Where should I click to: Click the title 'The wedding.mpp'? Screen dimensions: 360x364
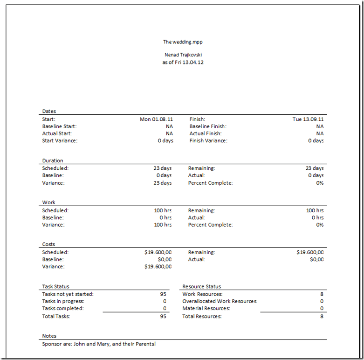(x=183, y=42)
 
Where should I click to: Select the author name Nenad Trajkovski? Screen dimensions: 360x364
(x=183, y=55)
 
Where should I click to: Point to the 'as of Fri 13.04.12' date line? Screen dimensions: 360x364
(x=183, y=62)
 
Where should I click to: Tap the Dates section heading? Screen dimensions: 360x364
(x=49, y=111)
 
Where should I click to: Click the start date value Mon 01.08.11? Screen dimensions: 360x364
(x=156, y=119)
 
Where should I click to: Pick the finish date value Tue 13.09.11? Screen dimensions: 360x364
(x=308, y=119)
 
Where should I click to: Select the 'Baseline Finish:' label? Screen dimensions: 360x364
(x=208, y=126)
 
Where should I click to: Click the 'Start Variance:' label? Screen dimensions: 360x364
(x=60, y=141)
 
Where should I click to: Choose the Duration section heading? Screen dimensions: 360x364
(x=52, y=161)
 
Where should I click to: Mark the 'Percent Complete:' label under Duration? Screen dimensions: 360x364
(x=210, y=183)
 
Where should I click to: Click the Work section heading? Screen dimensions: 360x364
(x=48, y=203)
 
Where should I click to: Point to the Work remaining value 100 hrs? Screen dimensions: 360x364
(x=315, y=210)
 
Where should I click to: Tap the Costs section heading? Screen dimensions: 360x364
(x=48, y=244)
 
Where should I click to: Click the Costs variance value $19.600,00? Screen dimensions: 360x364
(x=158, y=267)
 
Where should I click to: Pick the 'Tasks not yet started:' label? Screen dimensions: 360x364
(x=68, y=294)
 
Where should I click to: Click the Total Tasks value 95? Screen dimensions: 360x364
(x=163, y=317)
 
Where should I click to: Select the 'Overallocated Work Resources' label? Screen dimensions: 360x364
(x=219, y=301)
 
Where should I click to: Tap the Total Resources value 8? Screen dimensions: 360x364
(x=322, y=317)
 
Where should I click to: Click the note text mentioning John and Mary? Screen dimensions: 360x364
(x=99, y=344)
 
